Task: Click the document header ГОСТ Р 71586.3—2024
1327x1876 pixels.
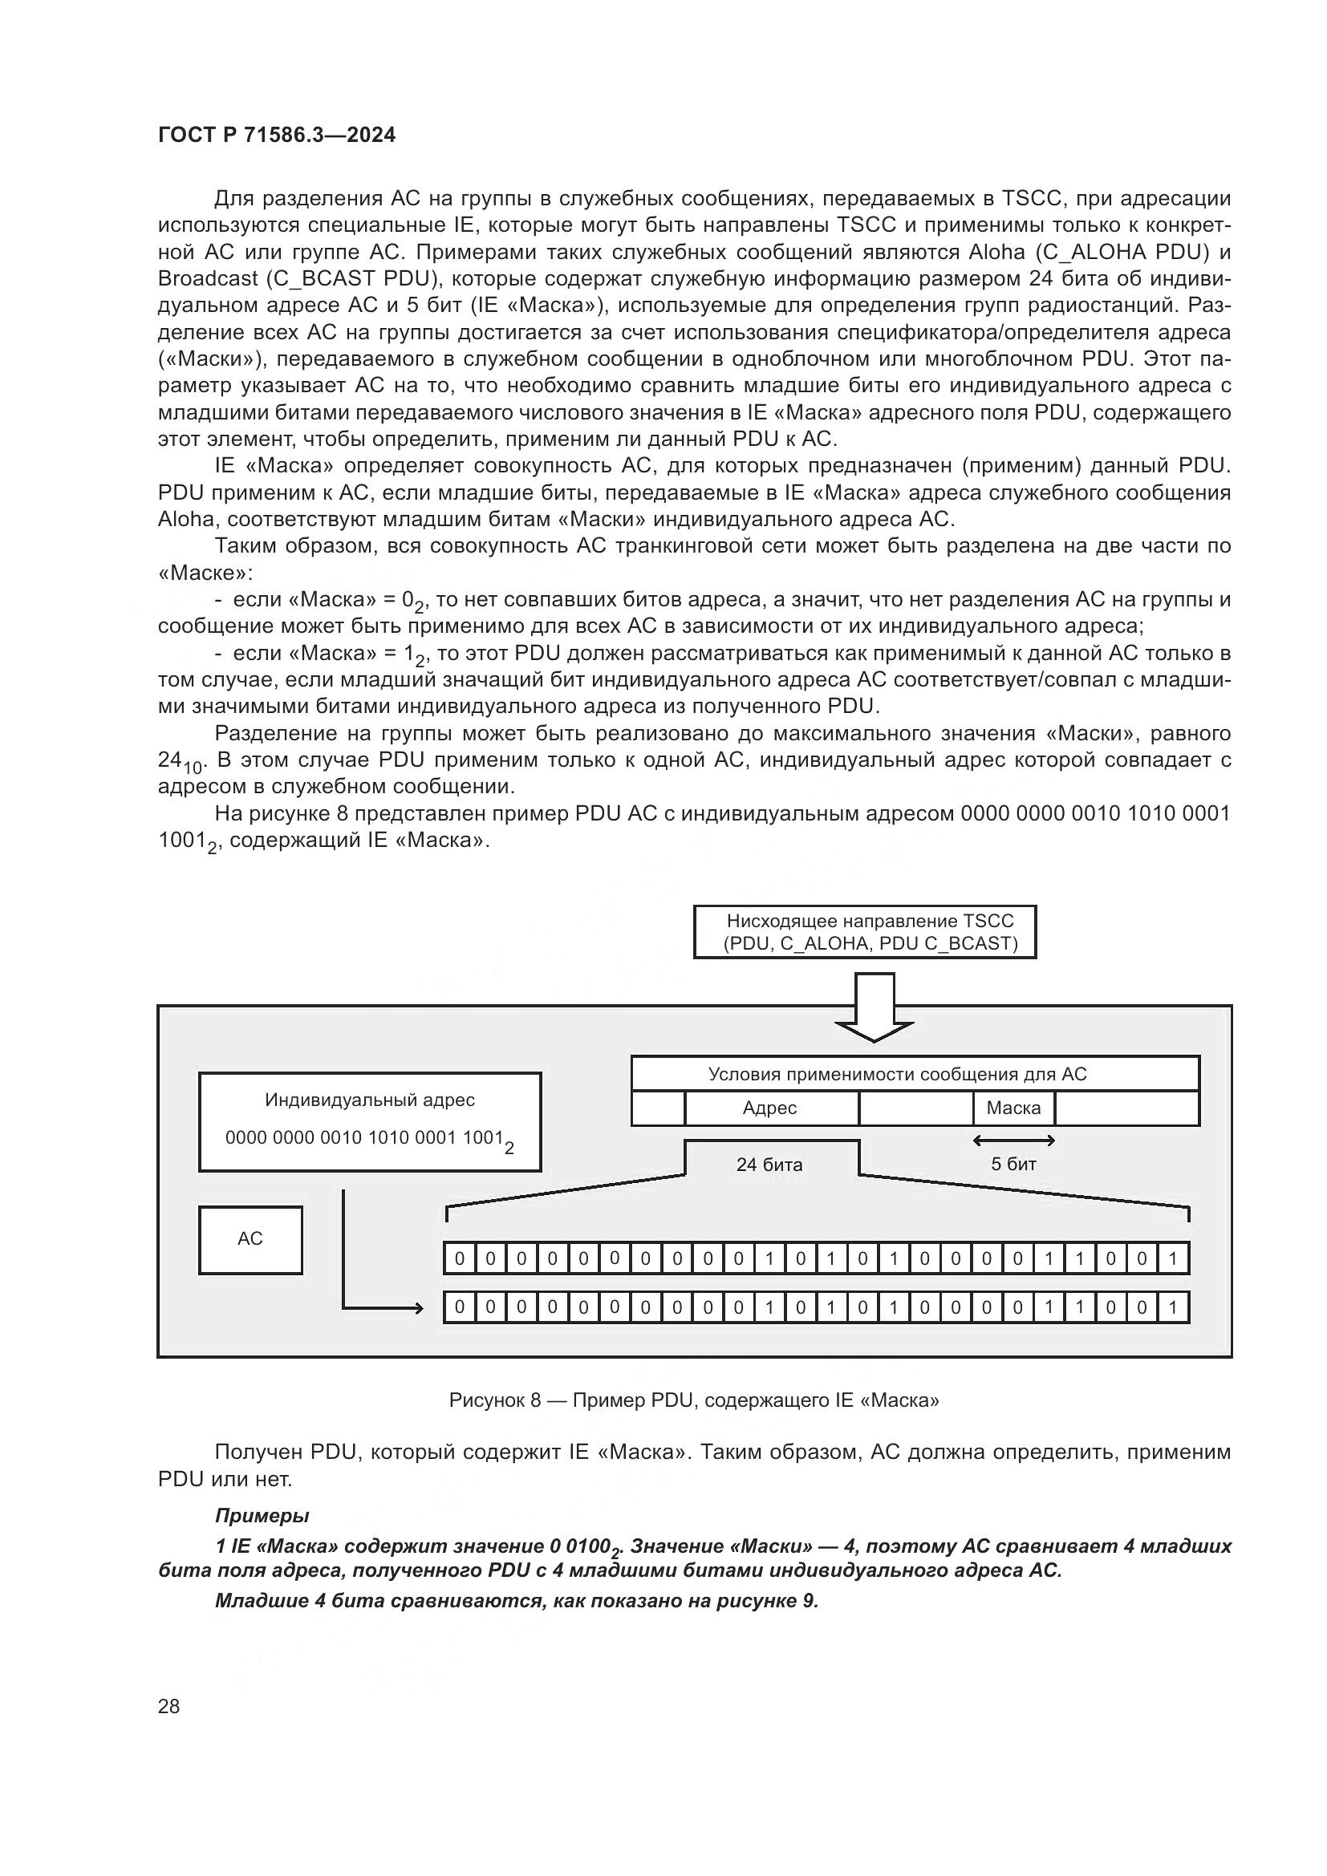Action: pyautogui.click(x=276, y=136)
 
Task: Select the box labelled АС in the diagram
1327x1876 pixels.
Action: pyautogui.click(x=250, y=1238)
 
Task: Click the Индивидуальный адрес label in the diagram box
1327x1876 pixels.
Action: pyautogui.click(x=369, y=1100)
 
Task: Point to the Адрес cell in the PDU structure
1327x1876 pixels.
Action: pyautogui.click(x=769, y=1108)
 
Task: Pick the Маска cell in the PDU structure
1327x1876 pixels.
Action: pyautogui.click(x=1013, y=1108)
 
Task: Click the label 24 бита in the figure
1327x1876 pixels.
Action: pyautogui.click(x=769, y=1165)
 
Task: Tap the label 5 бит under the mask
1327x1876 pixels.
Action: pyautogui.click(x=1013, y=1165)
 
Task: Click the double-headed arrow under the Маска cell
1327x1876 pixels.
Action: pyautogui.click(x=1014, y=1140)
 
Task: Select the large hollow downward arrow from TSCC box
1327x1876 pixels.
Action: pyautogui.click(x=875, y=1008)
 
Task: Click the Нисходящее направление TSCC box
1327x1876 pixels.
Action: pyautogui.click(x=865, y=931)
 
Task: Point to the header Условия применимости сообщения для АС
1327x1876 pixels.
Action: pyautogui.click(x=897, y=1074)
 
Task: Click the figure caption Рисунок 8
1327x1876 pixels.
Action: pyautogui.click(x=694, y=1400)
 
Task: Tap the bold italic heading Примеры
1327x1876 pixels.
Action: pyautogui.click(x=262, y=1516)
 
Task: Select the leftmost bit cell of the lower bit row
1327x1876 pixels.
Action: pyautogui.click(x=459, y=1307)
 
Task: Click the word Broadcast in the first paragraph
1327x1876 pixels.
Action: pyautogui.click(x=208, y=278)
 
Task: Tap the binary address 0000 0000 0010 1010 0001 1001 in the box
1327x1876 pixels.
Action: pyautogui.click(x=363, y=1137)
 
